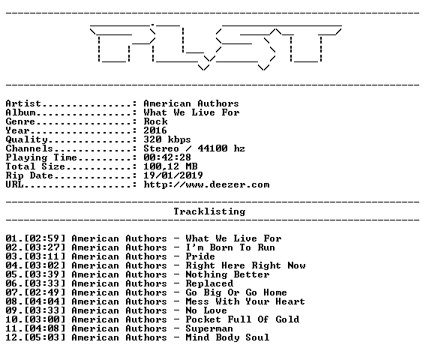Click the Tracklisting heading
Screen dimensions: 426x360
209,211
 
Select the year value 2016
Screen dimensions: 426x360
155,130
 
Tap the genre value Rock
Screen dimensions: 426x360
155,121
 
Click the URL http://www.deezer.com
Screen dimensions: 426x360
206,184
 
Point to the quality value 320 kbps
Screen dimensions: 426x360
167,139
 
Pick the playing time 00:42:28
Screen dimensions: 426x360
167,157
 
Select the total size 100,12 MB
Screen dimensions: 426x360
170,166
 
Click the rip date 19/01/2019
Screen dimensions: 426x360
173,175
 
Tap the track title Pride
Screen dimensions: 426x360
200,256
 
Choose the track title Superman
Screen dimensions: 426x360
209,328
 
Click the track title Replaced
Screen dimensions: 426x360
209,283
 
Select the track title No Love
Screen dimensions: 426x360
206,310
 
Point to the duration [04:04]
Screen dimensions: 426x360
45,301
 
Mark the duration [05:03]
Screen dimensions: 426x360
45,337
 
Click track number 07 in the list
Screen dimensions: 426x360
11,292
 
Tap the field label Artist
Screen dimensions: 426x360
23,103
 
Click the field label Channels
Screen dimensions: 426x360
29,148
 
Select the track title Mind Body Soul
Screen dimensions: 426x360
227,337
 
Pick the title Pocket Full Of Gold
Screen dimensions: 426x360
242,319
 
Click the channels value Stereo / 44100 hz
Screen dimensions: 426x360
194,148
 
